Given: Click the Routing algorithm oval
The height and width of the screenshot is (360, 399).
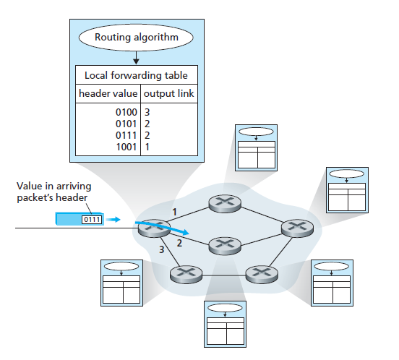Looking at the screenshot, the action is [x=136, y=38].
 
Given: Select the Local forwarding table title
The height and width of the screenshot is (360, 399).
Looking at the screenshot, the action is [x=136, y=75].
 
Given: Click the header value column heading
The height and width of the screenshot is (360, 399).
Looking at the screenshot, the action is [x=108, y=93].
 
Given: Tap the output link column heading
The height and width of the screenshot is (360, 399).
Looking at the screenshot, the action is [x=168, y=93].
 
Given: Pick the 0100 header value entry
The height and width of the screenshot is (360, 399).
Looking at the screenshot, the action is [x=126, y=112].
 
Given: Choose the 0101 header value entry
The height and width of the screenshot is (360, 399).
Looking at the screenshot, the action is [x=126, y=124].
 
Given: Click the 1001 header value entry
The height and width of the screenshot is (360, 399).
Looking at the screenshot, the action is [x=126, y=147].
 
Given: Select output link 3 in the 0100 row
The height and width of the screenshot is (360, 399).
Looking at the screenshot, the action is [x=147, y=112].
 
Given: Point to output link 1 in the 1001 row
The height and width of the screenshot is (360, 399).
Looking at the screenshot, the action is [x=147, y=147].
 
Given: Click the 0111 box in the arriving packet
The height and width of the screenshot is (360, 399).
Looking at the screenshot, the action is [x=92, y=220].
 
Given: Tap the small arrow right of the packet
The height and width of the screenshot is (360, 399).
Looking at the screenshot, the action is [x=113, y=219].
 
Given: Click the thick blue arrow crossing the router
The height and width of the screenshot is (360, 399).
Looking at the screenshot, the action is [x=163, y=228].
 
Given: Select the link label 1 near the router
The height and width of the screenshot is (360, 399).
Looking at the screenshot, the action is [x=174, y=212].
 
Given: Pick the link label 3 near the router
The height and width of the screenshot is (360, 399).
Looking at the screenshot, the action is [x=162, y=249].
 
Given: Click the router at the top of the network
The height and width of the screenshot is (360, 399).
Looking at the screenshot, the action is [x=225, y=204].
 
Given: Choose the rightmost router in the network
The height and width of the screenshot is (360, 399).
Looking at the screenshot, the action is [x=298, y=228].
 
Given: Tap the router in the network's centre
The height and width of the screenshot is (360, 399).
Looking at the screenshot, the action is [x=225, y=246].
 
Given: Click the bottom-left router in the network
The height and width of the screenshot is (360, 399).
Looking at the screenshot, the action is [x=186, y=274].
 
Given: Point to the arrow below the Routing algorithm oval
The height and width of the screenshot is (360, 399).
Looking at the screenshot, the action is [x=136, y=58].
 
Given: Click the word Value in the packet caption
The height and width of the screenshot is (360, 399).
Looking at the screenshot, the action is [x=30, y=186].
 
